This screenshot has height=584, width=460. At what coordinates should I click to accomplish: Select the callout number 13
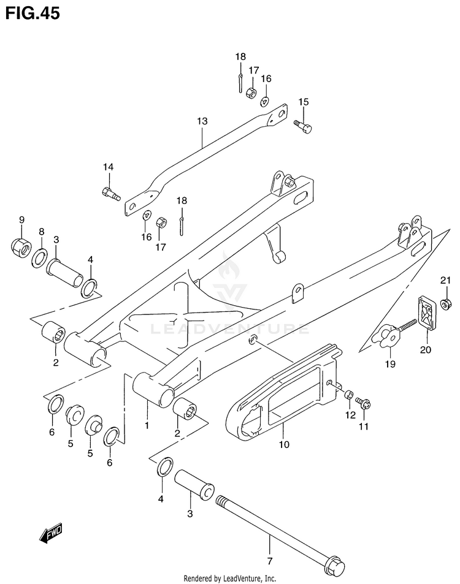point(203,121)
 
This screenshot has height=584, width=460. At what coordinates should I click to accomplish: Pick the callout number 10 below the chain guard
point(283,444)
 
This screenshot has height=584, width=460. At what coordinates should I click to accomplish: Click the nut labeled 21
point(445,302)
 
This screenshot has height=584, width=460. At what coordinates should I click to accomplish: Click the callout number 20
point(425,350)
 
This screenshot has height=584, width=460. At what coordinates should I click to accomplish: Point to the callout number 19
point(389,363)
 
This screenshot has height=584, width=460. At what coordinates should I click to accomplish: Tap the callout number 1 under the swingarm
point(147,424)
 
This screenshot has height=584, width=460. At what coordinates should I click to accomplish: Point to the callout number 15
point(304,102)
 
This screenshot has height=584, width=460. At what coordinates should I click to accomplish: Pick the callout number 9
point(21,220)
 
